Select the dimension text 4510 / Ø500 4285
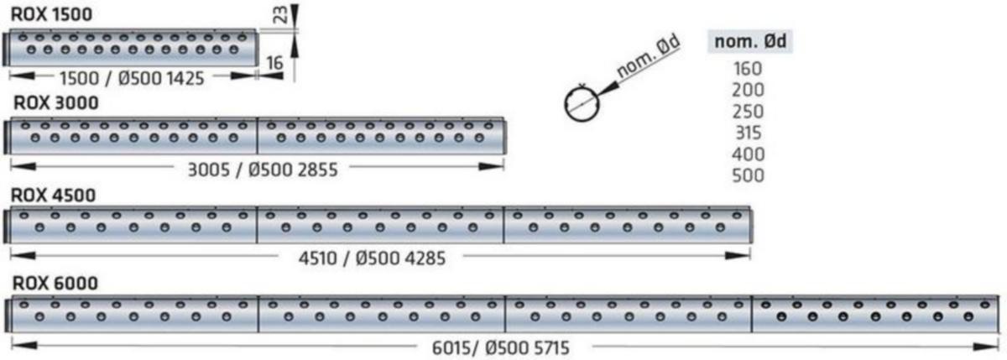click(x=372, y=258)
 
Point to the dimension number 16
click(x=274, y=64)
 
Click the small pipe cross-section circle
click(x=580, y=102)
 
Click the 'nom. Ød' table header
click(x=749, y=41)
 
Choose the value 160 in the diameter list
click(x=748, y=69)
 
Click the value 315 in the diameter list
click(x=748, y=133)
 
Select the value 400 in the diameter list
click(x=748, y=154)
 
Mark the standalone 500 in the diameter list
click(x=748, y=175)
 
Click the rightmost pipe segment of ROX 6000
click(x=876, y=313)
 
